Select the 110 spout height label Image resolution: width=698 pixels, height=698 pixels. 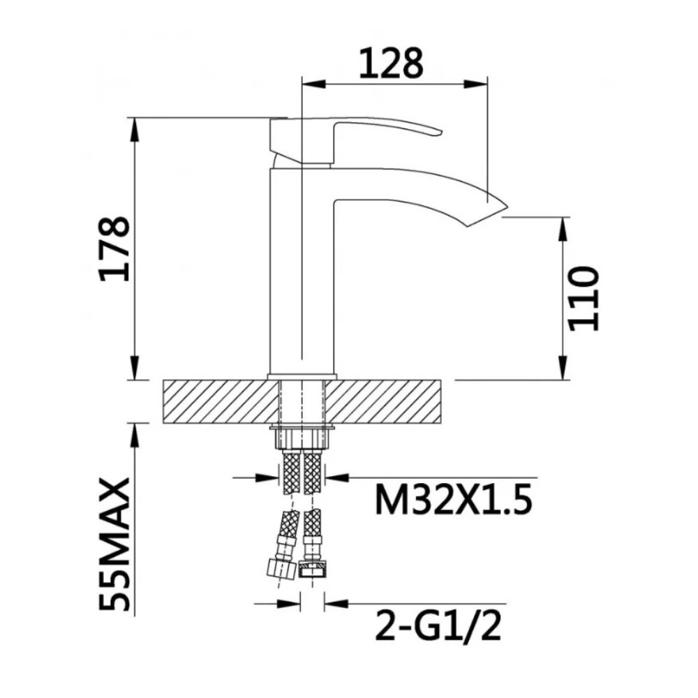[583, 297]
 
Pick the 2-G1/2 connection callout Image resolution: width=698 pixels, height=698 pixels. [439, 626]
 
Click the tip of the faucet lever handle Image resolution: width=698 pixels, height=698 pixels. [436, 132]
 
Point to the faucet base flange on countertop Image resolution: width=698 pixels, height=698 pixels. [302, 377]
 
